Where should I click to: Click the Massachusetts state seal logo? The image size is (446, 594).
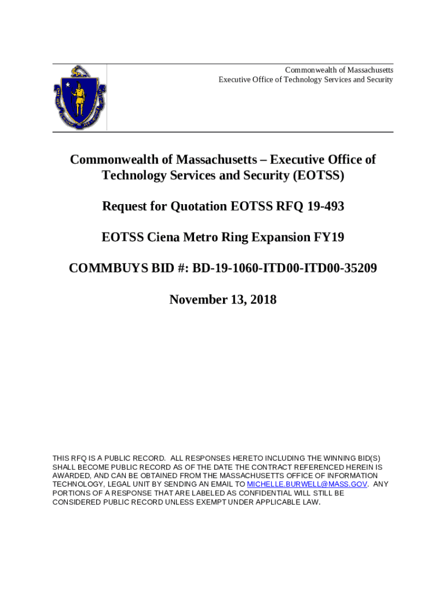click(79, 97)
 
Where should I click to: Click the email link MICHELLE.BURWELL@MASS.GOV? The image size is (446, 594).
click(307, 484)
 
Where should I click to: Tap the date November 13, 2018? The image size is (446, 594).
click(222, 300)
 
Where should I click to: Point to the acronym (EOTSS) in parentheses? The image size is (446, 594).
click(313, 175)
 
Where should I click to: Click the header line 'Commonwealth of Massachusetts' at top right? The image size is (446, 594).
click(339, 70)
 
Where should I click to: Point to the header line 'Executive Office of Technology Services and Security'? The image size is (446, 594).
click(305, 79)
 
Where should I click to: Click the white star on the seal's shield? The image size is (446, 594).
click(67, 86)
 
